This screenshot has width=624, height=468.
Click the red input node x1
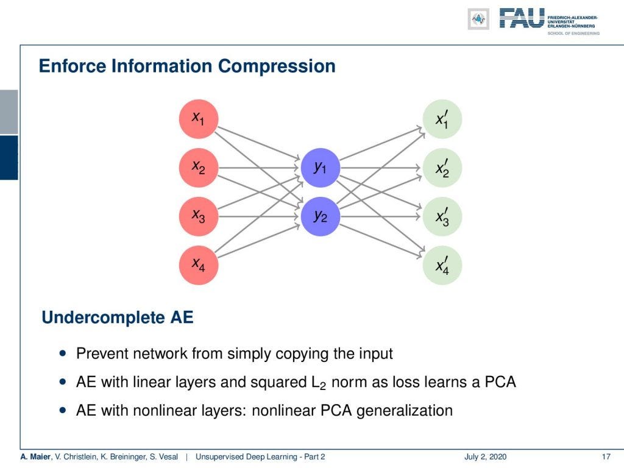pos(198,119)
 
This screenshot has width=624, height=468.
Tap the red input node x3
pos(198,216)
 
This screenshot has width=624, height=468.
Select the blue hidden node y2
pos(320,216)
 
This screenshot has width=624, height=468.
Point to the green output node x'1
pos(442,119)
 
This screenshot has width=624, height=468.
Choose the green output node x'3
pos(442,216)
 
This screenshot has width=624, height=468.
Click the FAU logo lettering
pos(522,18)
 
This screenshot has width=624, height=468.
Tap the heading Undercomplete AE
pos(117,317)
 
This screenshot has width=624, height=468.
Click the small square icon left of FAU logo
pos(478,19)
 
